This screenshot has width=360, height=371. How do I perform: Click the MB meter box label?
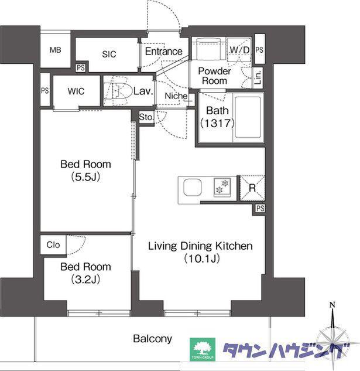(x=55, y=50)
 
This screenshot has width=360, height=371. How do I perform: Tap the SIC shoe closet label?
(x=109, y=54)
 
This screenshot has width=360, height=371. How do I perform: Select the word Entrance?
(x=163, y=52)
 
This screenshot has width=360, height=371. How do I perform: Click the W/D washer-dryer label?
(x=239, y=50)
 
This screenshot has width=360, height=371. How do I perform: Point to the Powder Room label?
(x=214, y=76)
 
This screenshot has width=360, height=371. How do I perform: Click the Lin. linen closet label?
(x=258, y=77)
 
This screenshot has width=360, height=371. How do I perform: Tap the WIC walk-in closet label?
(x=76, y=91)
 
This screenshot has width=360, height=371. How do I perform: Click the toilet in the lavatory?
(x=118, y=91)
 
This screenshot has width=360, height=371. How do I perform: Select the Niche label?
(x=176, y=96)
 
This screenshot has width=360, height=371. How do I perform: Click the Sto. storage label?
(x=146, y=117)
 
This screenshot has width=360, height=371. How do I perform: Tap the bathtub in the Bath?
(x=248, y=117)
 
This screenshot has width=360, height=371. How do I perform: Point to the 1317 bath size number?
(x=218, y=123)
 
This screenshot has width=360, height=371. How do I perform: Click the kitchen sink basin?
(x=193, y=188)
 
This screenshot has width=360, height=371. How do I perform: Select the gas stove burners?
(x=222, y=186)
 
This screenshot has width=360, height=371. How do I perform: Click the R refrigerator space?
(x=252, y=188)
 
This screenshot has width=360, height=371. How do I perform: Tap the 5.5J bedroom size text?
(x=85, y=177)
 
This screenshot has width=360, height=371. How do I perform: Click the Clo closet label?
(x=53, y=244)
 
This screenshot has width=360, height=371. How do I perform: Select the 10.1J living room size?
(x=201, y=258)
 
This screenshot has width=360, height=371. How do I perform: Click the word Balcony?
(x=152, y=339)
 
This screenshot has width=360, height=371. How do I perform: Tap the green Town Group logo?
(x=203, y=349)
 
